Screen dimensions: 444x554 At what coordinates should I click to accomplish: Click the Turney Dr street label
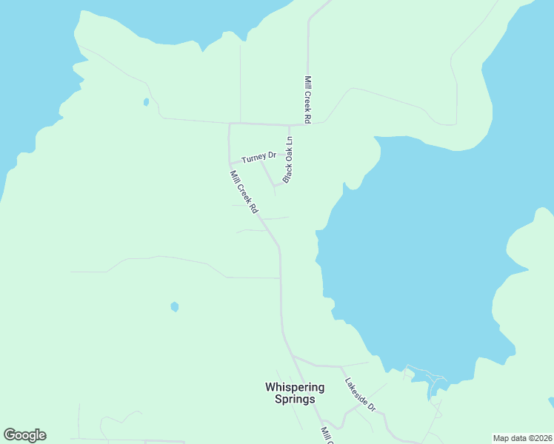(x=258, y=157)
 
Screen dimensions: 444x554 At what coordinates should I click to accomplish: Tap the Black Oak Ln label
(x=288, y=160)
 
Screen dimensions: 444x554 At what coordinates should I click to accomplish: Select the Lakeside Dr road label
(x=361, y=396)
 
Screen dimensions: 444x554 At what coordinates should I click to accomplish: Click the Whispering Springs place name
(x=295, y=393)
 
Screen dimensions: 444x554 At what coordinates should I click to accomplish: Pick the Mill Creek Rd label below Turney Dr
(x=244, y=192)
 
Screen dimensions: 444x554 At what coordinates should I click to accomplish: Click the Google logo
(x=24, y=435)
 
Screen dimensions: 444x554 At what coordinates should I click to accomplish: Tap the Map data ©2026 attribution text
(x=522, y=437)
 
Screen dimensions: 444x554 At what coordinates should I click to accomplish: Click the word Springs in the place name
(x=295, y=400)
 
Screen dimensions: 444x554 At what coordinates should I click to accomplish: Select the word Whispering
(x=295, y=387)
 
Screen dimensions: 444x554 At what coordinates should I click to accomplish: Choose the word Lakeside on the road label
(x=356, y=391)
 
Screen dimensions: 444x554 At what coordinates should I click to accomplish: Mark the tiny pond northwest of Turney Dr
(x=146, y=101)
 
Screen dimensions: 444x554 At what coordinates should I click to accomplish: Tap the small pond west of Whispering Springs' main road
(x=174, y=306)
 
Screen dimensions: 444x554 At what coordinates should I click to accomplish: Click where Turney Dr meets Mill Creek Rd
(x=230, y=163)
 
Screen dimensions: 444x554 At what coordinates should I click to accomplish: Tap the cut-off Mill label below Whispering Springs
(x=326, y=434)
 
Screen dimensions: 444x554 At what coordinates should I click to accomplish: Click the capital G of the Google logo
(x=10, y=435)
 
